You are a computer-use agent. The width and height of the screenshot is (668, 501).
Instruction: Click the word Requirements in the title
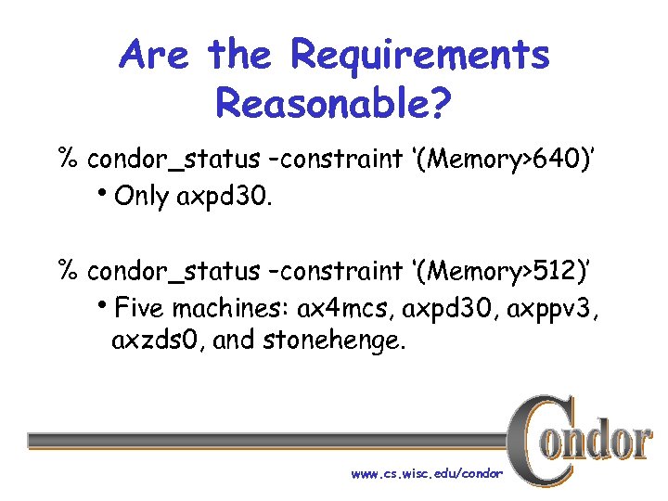point(420,55)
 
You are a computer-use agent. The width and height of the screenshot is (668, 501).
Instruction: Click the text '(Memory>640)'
point(505,159)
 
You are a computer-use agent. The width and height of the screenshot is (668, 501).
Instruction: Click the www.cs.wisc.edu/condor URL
point(427,473)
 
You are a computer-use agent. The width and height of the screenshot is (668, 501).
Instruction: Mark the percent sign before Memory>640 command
point(68,159)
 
